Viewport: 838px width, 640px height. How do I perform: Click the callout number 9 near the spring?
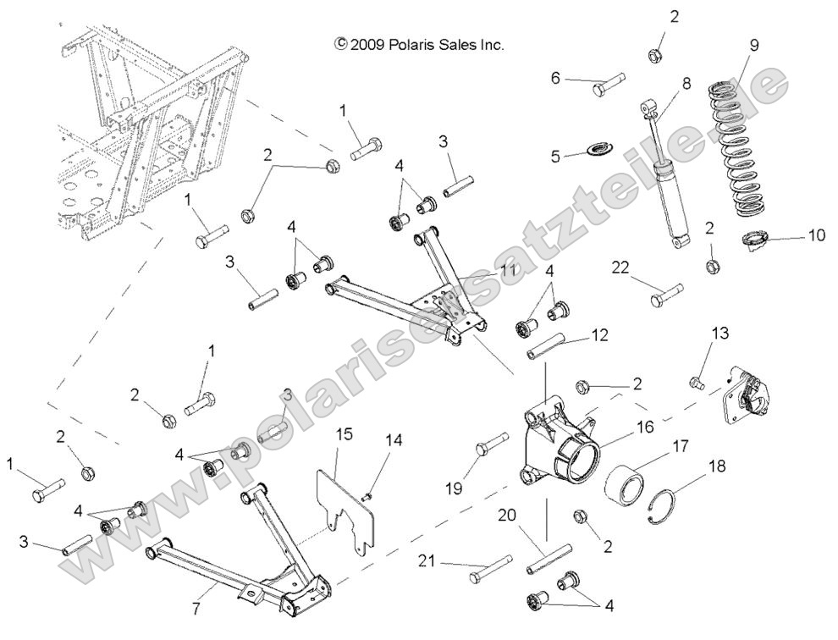coord(754,46)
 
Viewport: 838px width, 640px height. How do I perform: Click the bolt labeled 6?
coord(606,84)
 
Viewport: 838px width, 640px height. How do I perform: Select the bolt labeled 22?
coord(666,298)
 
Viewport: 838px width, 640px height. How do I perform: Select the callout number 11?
coord(507,269)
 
